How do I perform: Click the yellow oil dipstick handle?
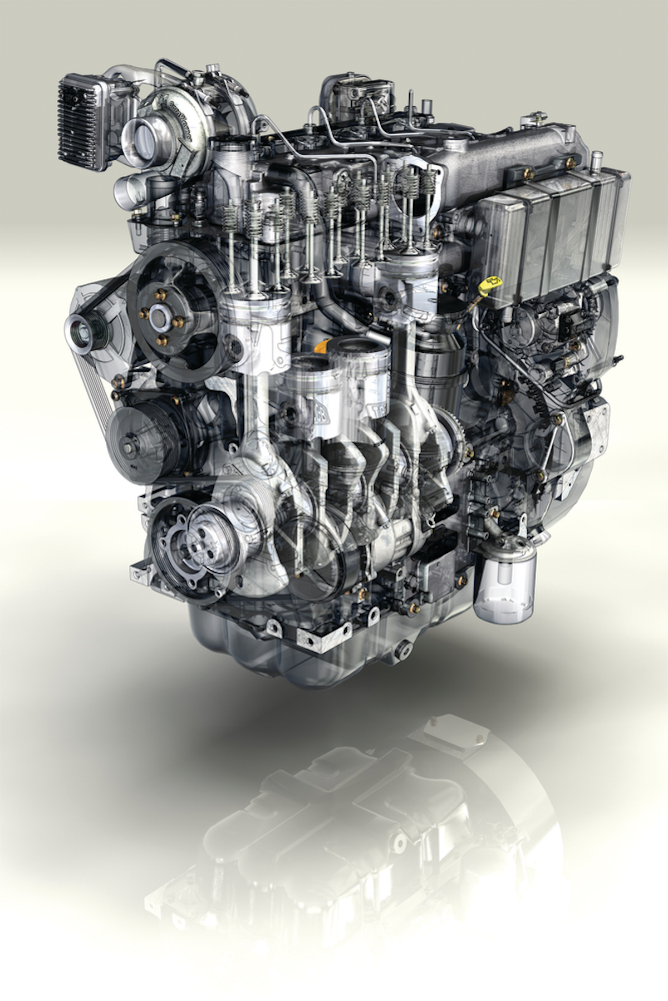point(490,284)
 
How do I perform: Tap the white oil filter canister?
point(504,581)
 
